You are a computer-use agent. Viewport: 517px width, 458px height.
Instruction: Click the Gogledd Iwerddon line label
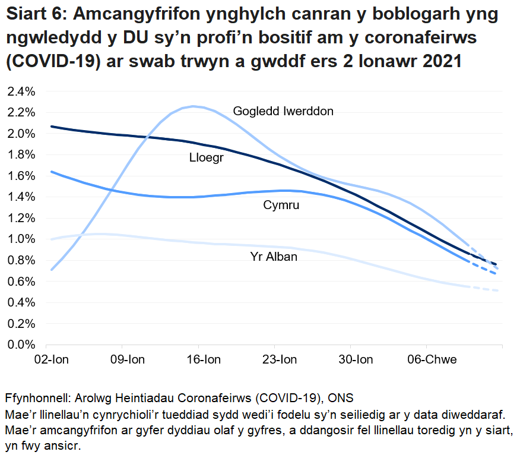tap(283, 111)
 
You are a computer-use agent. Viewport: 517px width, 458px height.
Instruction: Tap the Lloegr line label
tap(206, 158)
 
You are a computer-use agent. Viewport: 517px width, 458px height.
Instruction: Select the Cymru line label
tap(281, 206)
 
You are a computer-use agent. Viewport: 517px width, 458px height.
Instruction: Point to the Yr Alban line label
tap(273, 257)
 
